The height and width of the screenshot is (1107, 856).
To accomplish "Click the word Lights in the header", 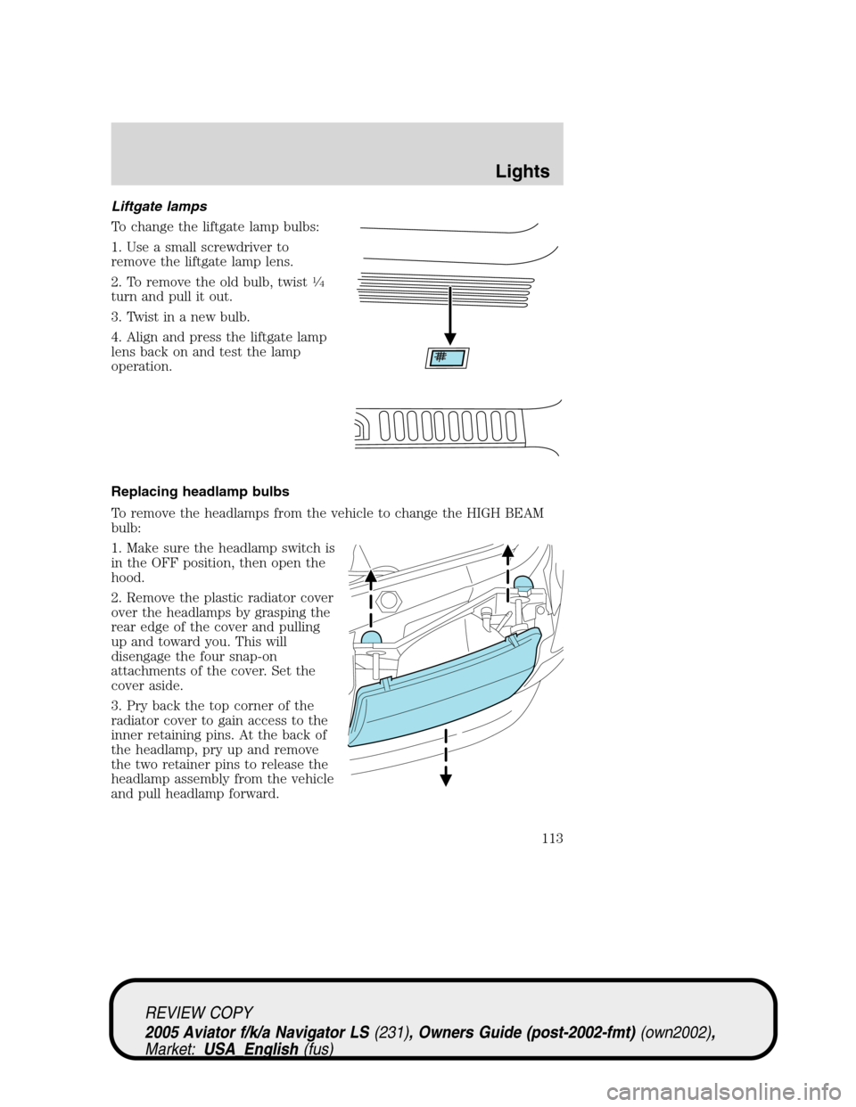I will [523, 171].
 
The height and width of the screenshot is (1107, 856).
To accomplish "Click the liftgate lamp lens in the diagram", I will [447, 357].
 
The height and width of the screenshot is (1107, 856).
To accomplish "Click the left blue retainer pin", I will [371, 638].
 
